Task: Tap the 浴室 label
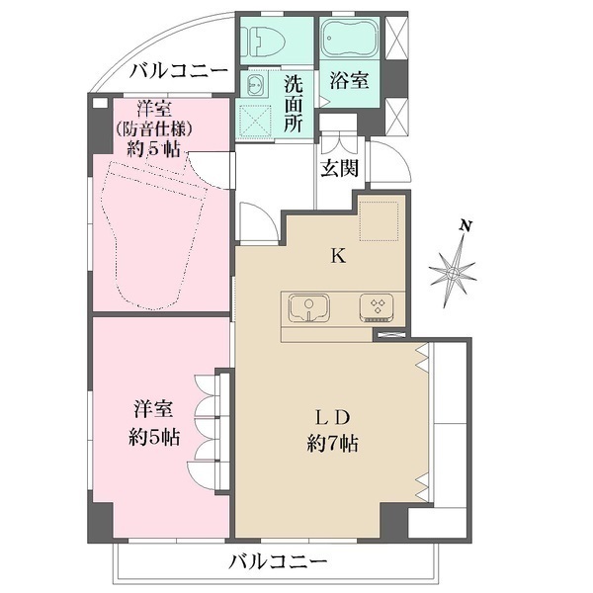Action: (350, 81)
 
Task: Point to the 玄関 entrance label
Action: (339, 167)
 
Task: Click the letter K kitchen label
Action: (337, 256)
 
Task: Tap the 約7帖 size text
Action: (333, 444)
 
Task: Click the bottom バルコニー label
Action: (278, 562)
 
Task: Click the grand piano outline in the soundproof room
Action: (153, 232)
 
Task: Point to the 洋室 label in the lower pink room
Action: (153, 408)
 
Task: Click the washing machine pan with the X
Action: (256, 123)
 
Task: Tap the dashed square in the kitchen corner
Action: (379, 219)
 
